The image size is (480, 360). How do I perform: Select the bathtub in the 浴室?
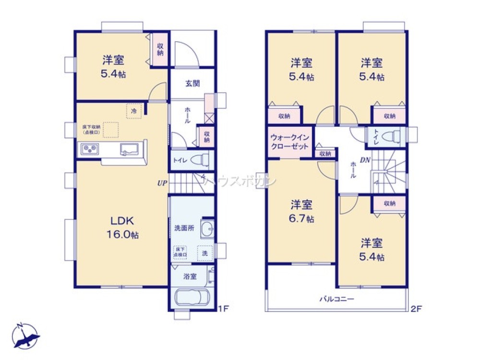click(192, 297)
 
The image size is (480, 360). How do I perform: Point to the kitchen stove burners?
click(90, 149)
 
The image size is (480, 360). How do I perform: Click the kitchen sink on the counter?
click(129, 149)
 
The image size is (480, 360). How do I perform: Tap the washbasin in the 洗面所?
click(207, 229)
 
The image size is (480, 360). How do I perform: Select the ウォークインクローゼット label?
click(290, 142)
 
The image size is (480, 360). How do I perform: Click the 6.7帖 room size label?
click(302, 219)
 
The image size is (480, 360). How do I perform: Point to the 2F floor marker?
click(416, 309)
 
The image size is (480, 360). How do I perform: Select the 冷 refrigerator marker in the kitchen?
click(134, 111)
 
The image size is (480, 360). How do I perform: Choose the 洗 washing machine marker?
click(204, 253)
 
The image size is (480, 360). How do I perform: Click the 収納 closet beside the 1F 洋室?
click(160, 49)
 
